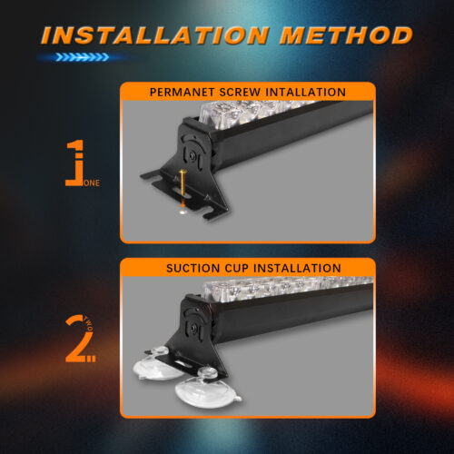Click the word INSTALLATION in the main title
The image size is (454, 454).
pos(155,35)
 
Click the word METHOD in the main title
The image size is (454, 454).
pos(346,35)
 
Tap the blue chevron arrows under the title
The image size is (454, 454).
pos(82,57)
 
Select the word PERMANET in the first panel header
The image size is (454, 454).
pos(182,92)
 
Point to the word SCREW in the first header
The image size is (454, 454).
pos(240,92)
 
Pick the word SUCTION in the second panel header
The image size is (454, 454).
pos(193,268)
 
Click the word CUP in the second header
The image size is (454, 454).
pos(237,268)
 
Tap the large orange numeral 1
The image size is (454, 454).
pos(74,163)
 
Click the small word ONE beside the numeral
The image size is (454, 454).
pos(92,183)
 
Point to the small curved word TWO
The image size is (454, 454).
pos(88,323)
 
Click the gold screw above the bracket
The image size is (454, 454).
pos(183,183)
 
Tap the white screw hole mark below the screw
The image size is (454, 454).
pos(183,212)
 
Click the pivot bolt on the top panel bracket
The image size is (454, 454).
pos(192,156)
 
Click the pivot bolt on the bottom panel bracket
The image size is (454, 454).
pos(192,328)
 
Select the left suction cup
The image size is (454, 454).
pos(157,365)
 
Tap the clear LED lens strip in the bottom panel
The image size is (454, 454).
pos(288,288)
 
